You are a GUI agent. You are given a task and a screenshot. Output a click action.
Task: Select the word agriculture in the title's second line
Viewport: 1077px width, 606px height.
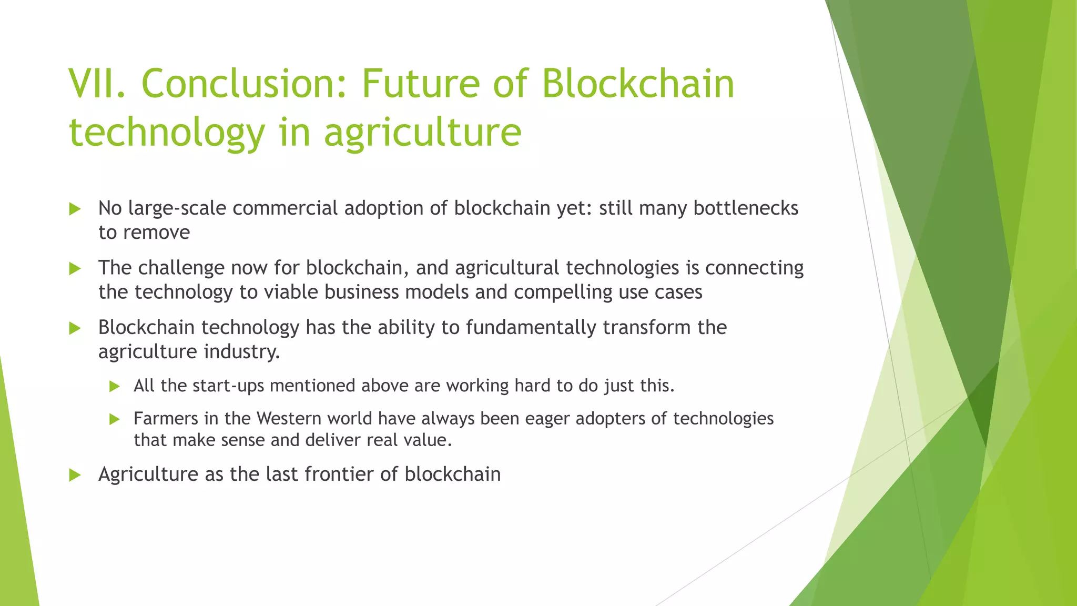pos(422,133)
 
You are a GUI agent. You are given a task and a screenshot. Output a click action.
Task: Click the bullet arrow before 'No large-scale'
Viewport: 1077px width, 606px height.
pos(75,209)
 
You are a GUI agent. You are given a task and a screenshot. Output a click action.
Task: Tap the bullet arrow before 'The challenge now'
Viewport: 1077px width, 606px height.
pos(75,269)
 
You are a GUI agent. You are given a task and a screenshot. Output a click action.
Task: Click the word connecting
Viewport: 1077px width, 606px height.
pos(754,268)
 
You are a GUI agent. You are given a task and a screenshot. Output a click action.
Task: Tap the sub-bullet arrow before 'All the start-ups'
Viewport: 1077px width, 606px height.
pos(115,387)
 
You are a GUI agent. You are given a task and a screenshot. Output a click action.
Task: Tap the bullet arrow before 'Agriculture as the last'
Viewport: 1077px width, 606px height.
pos(75,475)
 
